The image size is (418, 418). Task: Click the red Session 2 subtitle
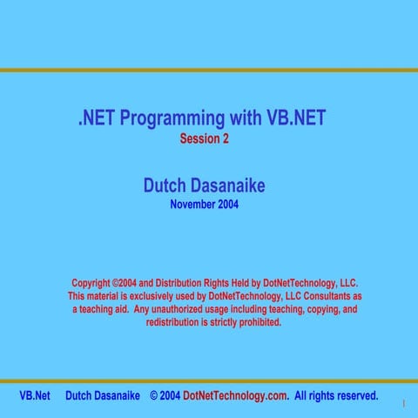click(205, 138)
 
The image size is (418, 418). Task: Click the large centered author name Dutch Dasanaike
click(204, 186)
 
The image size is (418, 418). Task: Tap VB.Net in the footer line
click(35, 395)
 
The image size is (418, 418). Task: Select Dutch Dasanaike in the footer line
click(103, 395)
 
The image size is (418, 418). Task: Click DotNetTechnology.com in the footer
click(235, 395)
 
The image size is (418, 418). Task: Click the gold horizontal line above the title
click(209, 71)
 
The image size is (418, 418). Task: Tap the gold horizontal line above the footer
click(209, 381)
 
